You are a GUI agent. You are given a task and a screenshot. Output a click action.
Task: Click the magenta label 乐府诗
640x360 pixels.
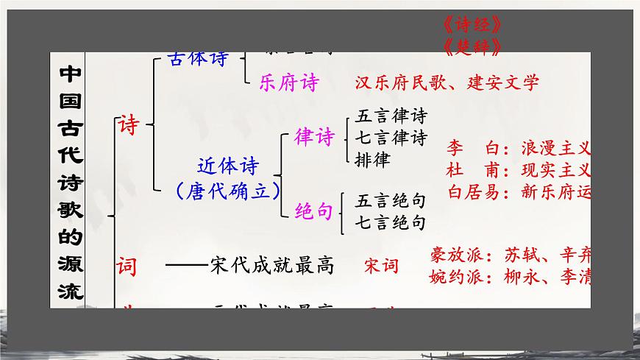pos(288,82)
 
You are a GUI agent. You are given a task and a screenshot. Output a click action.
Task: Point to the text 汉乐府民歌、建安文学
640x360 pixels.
pos(447,82)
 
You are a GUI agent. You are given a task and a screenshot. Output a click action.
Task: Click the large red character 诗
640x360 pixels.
pos(129,124)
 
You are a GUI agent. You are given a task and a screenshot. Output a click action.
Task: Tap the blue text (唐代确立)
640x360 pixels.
pos(229,191)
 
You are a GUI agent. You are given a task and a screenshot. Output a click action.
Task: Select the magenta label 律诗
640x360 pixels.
pos(314,137)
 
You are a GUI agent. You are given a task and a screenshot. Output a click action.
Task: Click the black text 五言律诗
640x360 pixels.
pos(391,116)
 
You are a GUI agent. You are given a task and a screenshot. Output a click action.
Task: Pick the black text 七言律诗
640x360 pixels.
pos(391,137)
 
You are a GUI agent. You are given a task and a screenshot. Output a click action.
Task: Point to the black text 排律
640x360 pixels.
pos(372,158)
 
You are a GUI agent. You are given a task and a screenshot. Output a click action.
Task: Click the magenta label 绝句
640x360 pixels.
pos(314,211)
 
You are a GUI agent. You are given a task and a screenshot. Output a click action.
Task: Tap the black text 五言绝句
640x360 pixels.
pos(391,201)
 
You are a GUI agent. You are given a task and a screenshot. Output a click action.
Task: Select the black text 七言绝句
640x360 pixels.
pos(391,221)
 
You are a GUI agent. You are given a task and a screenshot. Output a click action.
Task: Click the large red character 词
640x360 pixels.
pos(127,266)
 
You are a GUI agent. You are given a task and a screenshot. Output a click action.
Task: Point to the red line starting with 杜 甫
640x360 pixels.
pos(519,170)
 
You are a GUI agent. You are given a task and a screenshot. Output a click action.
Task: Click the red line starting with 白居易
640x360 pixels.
pos(519,192)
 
